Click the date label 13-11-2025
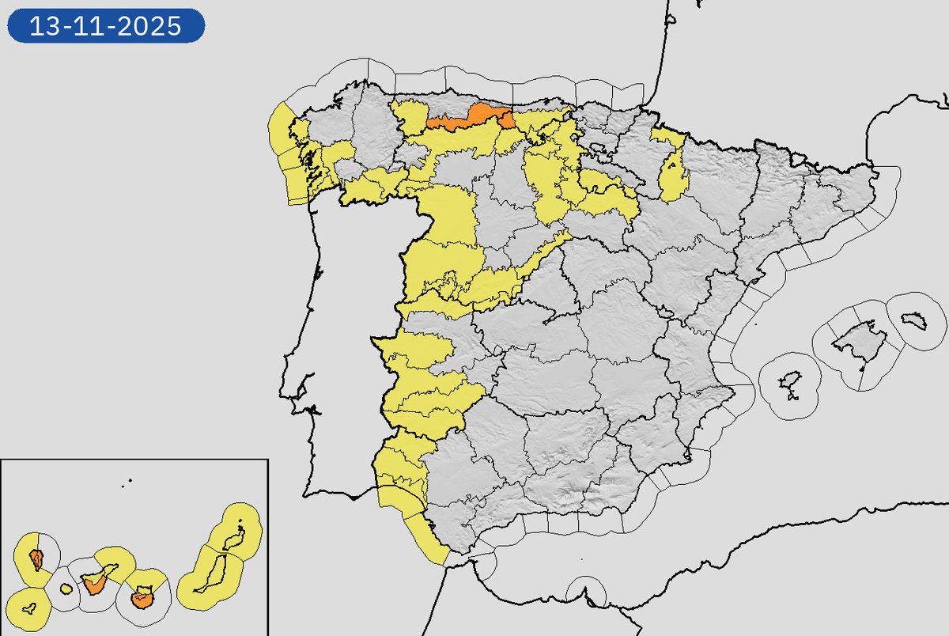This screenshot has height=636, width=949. click(x=106, y=26)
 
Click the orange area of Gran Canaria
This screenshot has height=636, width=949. click(x=142, y=598)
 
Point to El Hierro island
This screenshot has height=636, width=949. click(x=30, y=610)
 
